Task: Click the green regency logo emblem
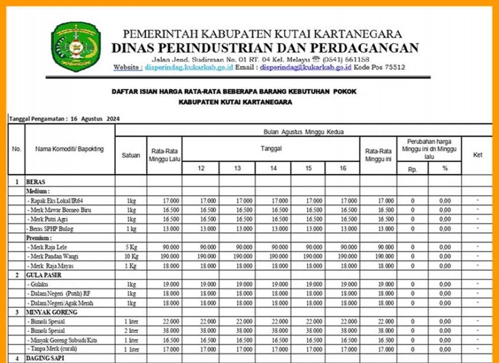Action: point(76,46)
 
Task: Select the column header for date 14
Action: point(273,168)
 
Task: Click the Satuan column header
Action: point(131,154)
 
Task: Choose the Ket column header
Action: point(477,154)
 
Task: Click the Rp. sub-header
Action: point(411,169)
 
